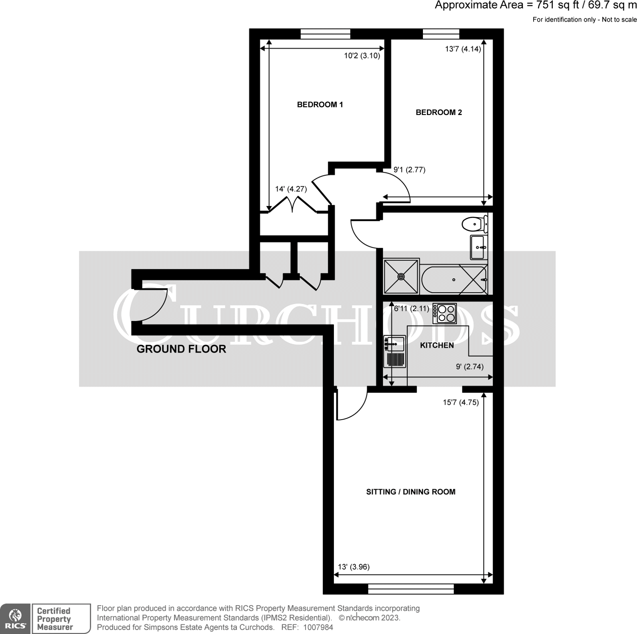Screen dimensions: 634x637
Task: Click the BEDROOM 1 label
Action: (x=320, y=105)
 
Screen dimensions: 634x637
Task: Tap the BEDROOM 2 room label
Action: (x=439, y=113)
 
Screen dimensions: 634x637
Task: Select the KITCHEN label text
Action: (x=437, y=345)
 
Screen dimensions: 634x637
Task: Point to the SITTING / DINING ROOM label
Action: (x=411, y=492)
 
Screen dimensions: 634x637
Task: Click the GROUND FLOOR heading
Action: (x=181, y=349)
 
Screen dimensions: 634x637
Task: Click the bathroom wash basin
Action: (x=478, y=247)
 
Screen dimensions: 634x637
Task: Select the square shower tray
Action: (x=401, y=277)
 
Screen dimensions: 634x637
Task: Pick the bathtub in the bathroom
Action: (x=454, y=279)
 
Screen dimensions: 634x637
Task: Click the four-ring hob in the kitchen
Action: (x=445, y=313)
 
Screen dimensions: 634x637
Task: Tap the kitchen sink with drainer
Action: (x=395, y=351)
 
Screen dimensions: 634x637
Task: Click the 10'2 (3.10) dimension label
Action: (x=362, y=56)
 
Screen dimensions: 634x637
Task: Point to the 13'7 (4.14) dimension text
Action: (x=463, y=49)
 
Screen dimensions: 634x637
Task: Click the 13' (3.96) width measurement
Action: (x=354, y=567)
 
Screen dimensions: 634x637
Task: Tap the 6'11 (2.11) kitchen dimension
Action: (x=411, y=309)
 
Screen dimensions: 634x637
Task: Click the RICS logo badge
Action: (x=15, y=618)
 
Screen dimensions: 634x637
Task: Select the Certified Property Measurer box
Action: (x=61, y=618)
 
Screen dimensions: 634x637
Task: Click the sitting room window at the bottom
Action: (x=411, y=589)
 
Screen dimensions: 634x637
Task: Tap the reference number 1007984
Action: (x=318, y=627)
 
